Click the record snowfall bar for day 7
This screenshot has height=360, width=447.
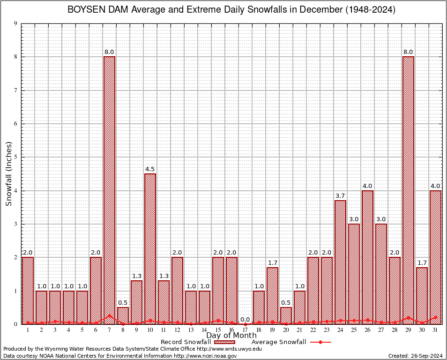[109, 190]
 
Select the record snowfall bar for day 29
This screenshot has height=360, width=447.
[408, 190]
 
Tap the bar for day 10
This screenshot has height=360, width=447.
[150, 248]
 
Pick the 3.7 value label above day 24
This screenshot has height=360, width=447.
[340, 195]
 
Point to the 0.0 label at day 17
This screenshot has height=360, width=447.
[245, 319]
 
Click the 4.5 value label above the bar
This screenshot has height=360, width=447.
[150, 169]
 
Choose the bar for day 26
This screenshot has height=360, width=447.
[367, 257]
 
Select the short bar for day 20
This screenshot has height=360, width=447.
[286, 315]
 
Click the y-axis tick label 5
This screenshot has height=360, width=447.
[16, 157]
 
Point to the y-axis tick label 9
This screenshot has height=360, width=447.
[16, 23]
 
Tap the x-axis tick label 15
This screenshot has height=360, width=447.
[218, 330]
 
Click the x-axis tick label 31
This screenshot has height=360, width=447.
[435, 330]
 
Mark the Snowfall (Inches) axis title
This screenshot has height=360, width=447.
[8, 174]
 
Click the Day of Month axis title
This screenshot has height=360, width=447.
[231, 336]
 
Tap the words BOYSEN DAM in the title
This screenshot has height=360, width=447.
[94, 10]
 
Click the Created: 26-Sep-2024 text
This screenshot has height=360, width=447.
[415, 356]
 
